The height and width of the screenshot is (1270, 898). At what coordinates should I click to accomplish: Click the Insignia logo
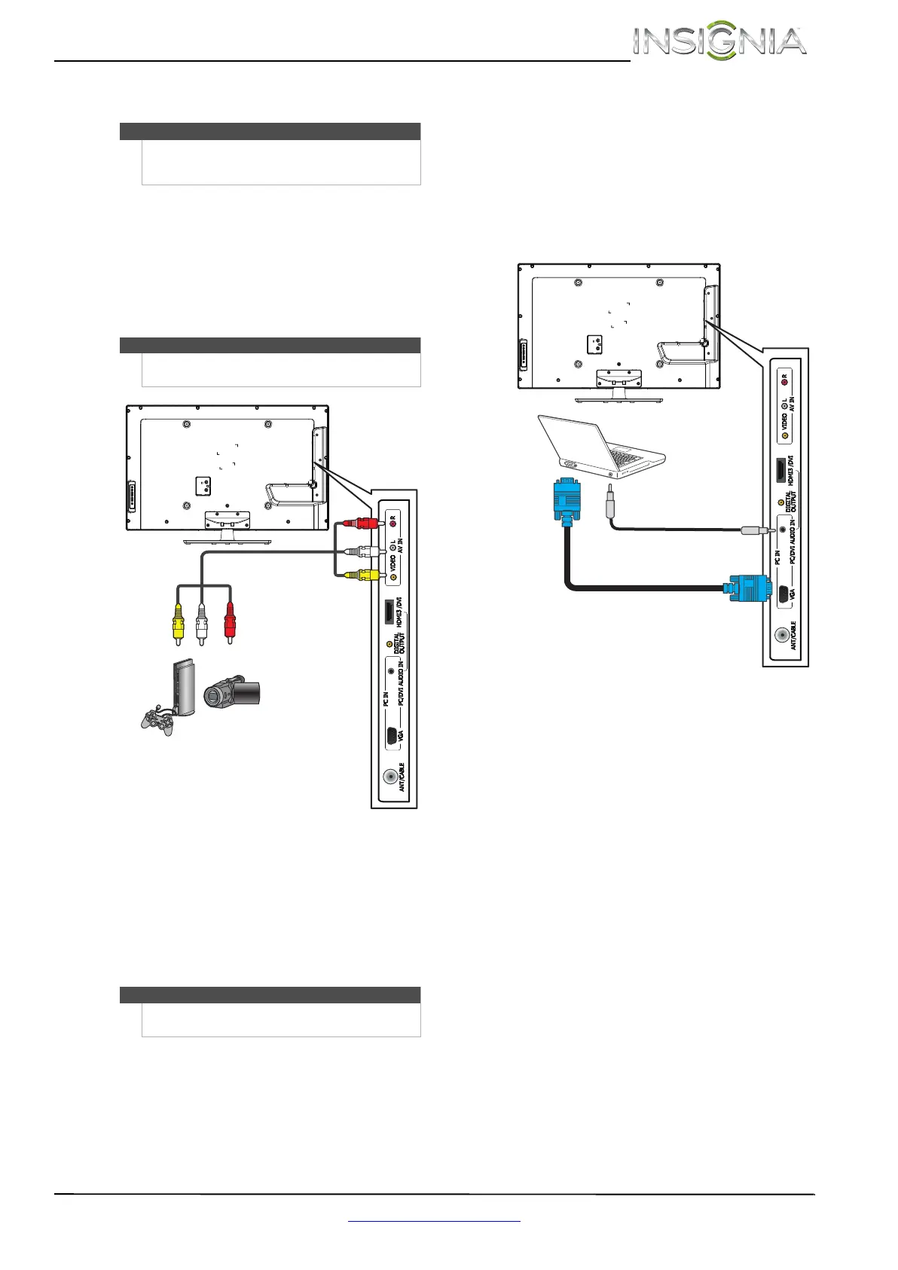coord(719,42)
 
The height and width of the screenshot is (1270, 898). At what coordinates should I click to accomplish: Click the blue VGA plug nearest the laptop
coord(567,500)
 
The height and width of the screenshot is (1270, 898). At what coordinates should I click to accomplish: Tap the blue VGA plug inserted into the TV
coord(746,588)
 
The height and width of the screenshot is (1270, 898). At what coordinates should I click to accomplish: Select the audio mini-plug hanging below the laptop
coord(610,502)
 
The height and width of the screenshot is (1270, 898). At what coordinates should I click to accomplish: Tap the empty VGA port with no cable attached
coord(392,736)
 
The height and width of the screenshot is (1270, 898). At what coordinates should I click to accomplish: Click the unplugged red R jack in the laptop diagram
coord(785,376)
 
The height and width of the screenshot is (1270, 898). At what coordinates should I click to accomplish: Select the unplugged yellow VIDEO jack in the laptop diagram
coord(785,435)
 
